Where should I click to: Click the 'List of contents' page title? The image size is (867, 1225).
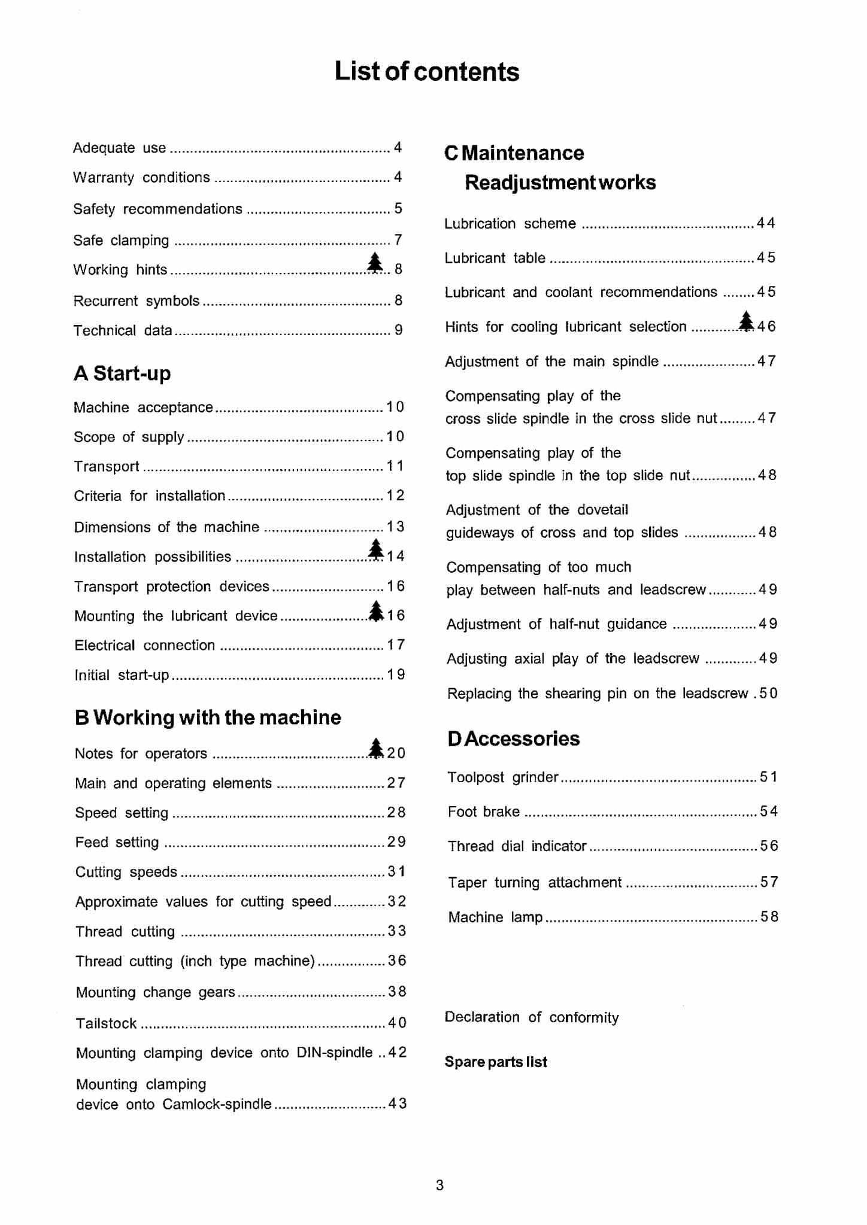pos(426,71)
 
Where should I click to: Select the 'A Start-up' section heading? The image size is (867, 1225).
pos(122,373)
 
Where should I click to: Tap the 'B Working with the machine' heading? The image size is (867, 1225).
pos(208,717)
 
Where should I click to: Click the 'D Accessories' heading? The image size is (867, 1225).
pos(513,738)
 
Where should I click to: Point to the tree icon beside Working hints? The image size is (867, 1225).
pos(375,262)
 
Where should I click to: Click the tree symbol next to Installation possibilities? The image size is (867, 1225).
pos(375,549)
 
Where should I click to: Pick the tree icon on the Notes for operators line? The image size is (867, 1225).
pos(375,747)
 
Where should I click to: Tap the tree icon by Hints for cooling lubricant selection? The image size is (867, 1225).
pos(746,321)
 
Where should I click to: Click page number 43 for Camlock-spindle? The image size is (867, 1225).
pos(397,1103)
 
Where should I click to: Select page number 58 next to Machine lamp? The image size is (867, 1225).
pos(769,916)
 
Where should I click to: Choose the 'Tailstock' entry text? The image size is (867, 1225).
pos(106,1023)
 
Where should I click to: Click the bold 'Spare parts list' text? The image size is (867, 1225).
pos(495,1062)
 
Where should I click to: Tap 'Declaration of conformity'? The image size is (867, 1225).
pos(531,1017)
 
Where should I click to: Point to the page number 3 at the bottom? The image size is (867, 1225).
pos(439,1185)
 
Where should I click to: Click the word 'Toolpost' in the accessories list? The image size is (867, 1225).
pos(475,777)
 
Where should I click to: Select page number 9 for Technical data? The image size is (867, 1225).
pos(398,330)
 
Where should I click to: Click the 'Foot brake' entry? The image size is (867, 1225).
pos(483,811)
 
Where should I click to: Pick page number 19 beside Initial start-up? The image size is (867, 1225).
pos(396,674)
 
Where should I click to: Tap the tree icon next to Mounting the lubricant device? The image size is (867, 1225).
pos(375,610)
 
